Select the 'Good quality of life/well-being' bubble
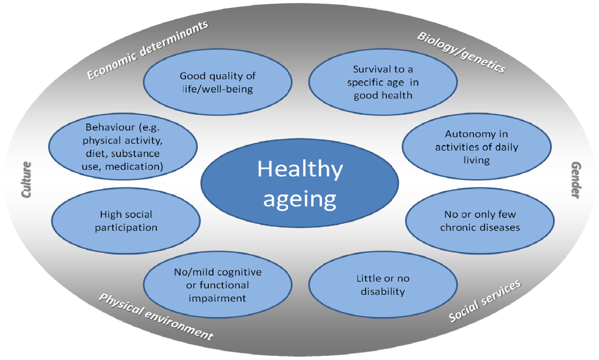pos(218,83)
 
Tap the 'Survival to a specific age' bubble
pos(383,82)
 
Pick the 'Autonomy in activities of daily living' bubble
pos(476,147)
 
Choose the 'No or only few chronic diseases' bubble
pos(480,221)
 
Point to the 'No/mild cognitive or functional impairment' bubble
pos(218,285)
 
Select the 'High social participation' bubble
pos(126,221)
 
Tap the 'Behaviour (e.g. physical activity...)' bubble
pos(123,146)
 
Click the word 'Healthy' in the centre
pos(300,169)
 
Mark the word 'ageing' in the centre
pos(299,199)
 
